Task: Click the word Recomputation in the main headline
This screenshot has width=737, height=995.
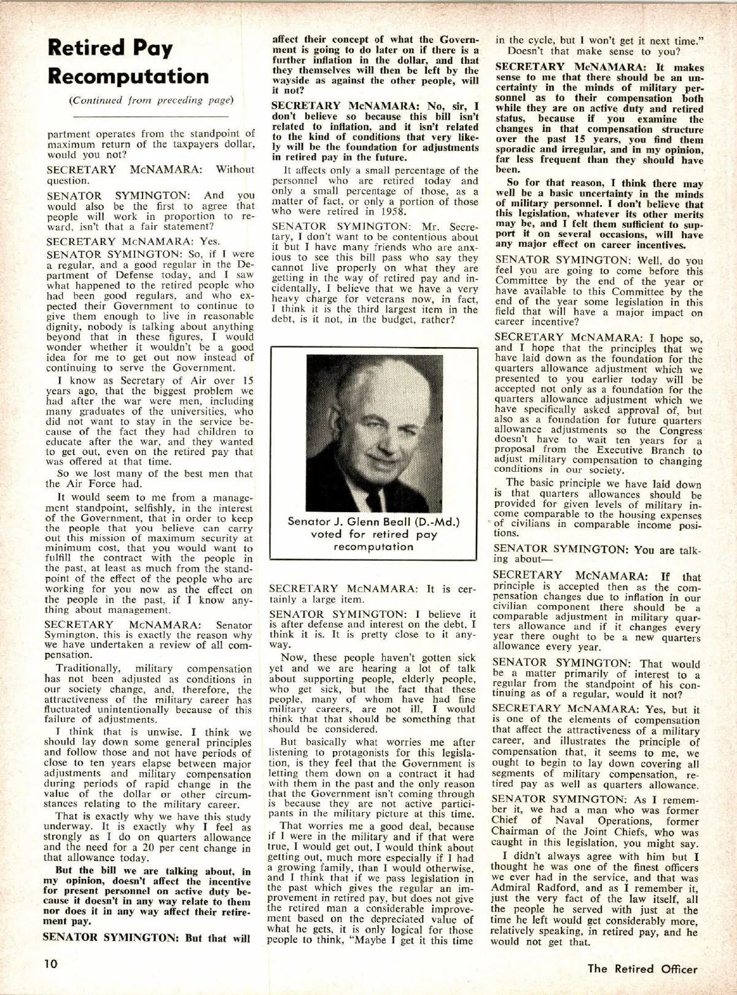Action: (128, 77)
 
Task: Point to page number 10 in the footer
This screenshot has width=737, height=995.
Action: (50, 964)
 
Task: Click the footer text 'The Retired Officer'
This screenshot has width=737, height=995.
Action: (642, 969)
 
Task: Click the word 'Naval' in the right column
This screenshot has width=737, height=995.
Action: (565, 821)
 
